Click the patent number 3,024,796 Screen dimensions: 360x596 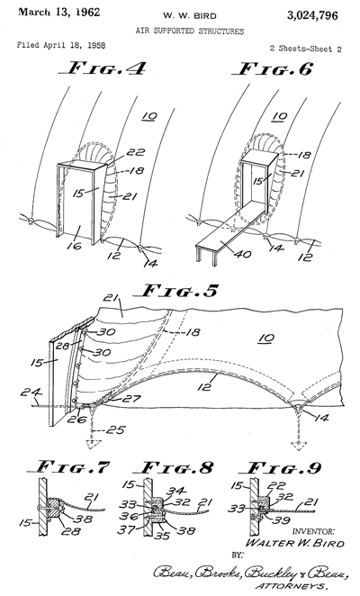point(312,15)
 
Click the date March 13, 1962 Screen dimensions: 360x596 point(59,13)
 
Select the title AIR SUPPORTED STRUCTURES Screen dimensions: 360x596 point(190,32)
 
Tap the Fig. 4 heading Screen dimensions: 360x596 point(102,68)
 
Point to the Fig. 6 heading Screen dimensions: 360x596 point(272,68)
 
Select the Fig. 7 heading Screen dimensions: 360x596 point(68,466)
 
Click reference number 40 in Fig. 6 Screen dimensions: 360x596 point(242,253)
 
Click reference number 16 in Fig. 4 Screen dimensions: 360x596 point(74,246)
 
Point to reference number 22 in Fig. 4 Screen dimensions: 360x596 point(136,152)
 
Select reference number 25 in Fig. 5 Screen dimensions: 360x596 point(116,430)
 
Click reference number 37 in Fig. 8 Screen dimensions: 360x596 point(126,529)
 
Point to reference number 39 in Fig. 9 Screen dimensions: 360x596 point(282,520)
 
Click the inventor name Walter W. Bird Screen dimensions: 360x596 point(295,543)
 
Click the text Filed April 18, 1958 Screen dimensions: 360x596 point(61,45)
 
